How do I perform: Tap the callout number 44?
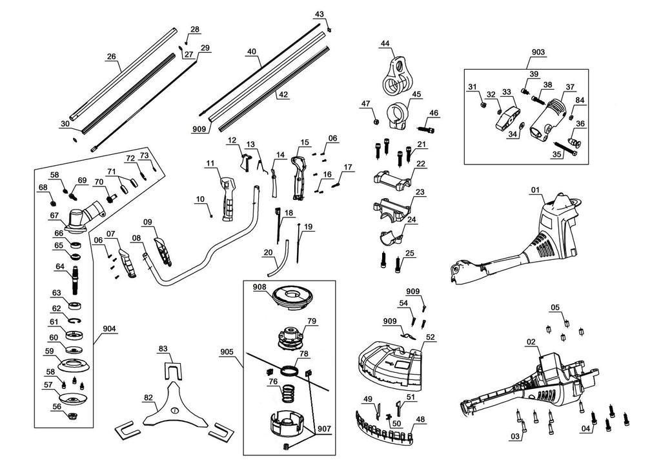(x=385, y=44)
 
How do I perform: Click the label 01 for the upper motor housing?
(x=536, y=190)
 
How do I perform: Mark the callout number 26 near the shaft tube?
(x=111, y=57)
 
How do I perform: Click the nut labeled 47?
(x=376, y=120)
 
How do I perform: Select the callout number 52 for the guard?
(x=431, y=337)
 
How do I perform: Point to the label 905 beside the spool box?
(x=227, y=353)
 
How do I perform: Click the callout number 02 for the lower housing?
(x=531, y=342)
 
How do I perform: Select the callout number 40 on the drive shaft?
(x=252, y=52)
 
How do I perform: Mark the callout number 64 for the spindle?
(x=60, y=266)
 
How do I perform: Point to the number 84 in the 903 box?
(x=580, y=100)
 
